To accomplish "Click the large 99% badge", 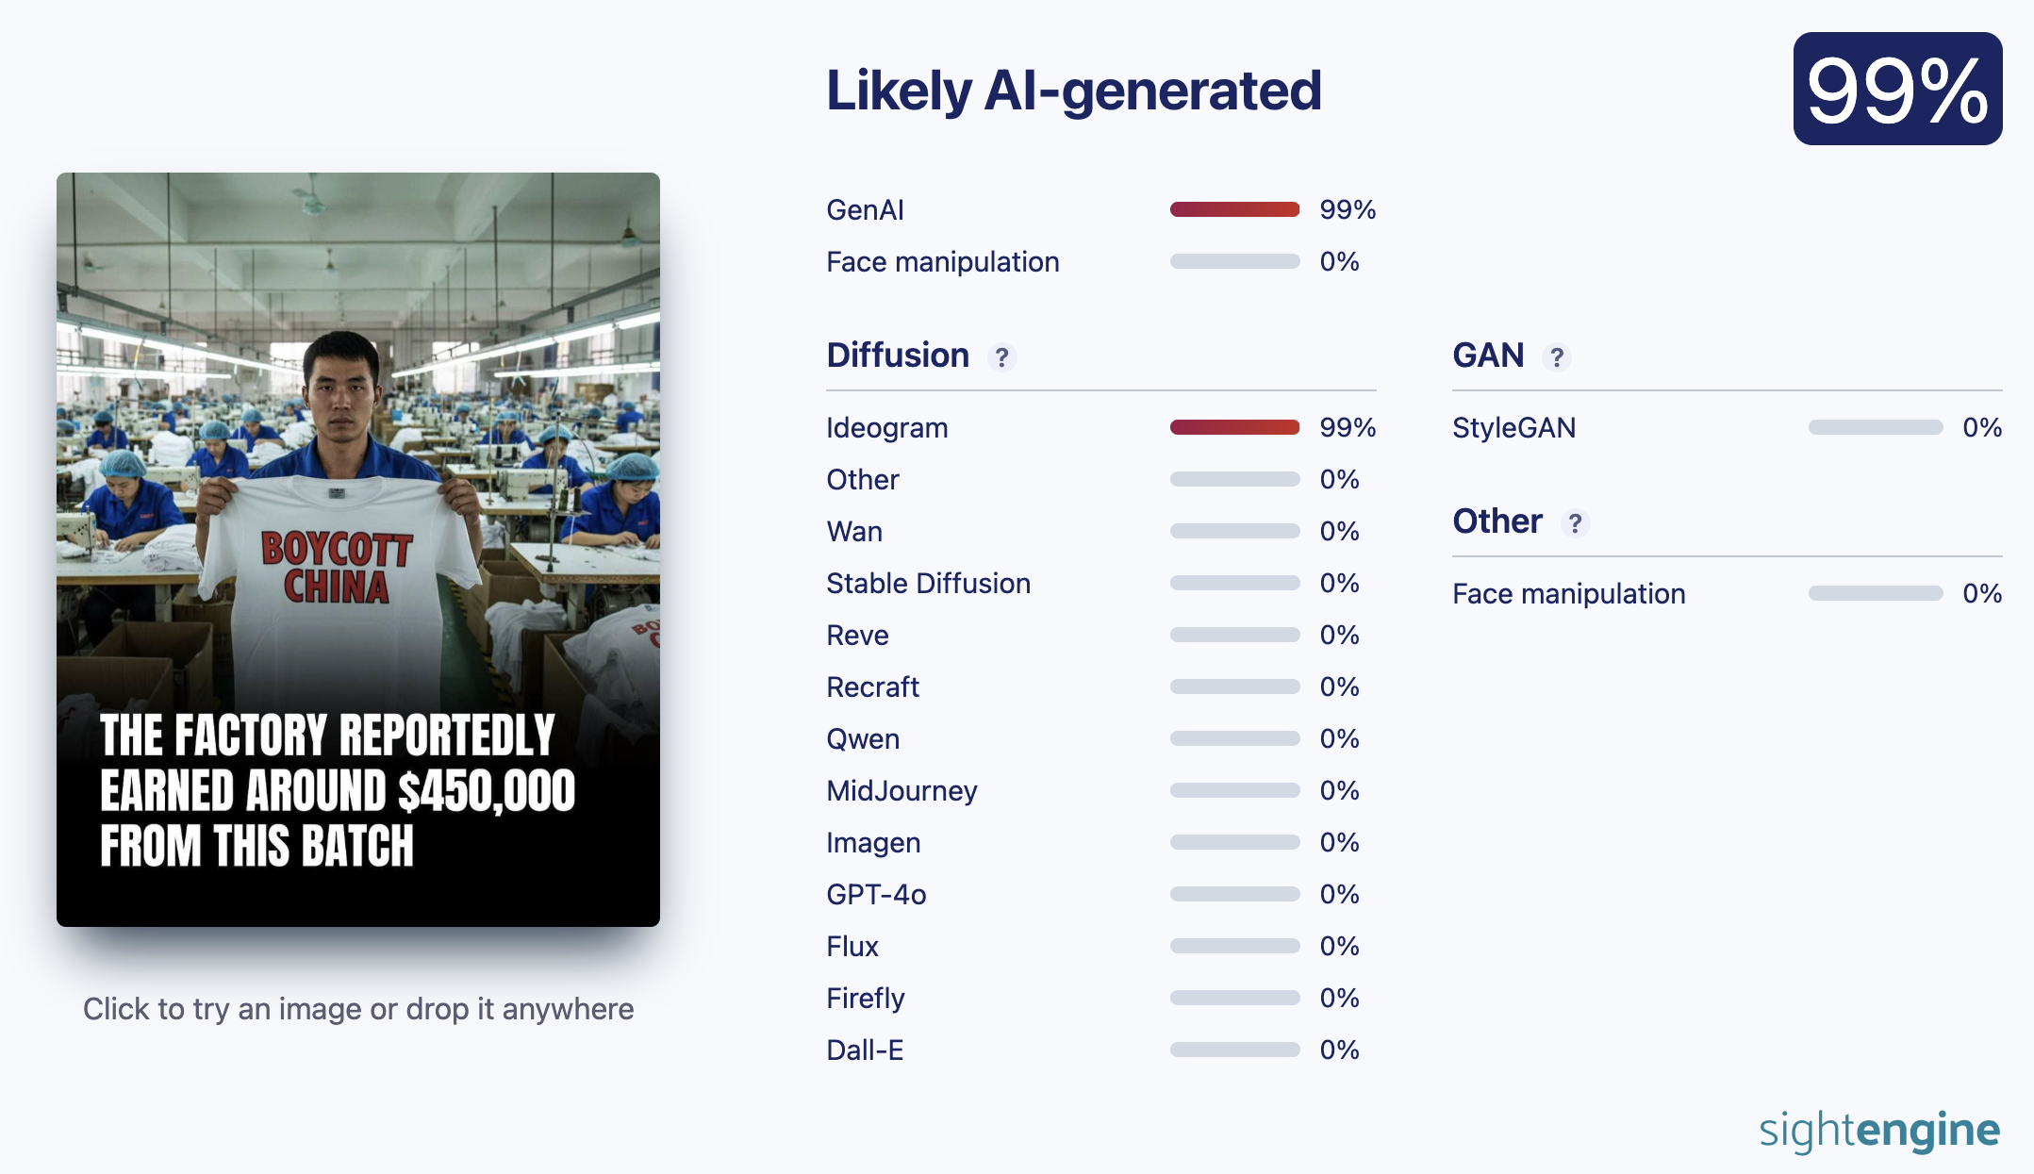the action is pos(1897,89).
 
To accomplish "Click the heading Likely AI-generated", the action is pos(1074,91).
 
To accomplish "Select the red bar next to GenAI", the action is pos(1234,209).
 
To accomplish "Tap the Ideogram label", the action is pos(887,428).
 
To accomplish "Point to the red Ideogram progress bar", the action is pos(1234,427).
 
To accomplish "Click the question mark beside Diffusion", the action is pos(1001,357).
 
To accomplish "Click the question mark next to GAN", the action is pos(1557,357).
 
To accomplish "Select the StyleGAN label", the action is pos(1513,428).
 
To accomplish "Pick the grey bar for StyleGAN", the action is pos(1876,427).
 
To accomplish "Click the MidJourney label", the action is pos(901,791).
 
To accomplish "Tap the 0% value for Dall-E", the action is pos(1339,1050).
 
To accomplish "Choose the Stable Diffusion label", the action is pos(928,584).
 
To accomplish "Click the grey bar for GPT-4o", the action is pos(1234,894).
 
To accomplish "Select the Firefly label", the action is pos(866,999).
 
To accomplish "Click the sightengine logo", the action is pos(1879,1130).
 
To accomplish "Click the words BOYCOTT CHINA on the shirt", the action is pos(337,568).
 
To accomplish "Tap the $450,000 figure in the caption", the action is pos(487,790).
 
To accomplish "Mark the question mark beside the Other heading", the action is pos(1575,523).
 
